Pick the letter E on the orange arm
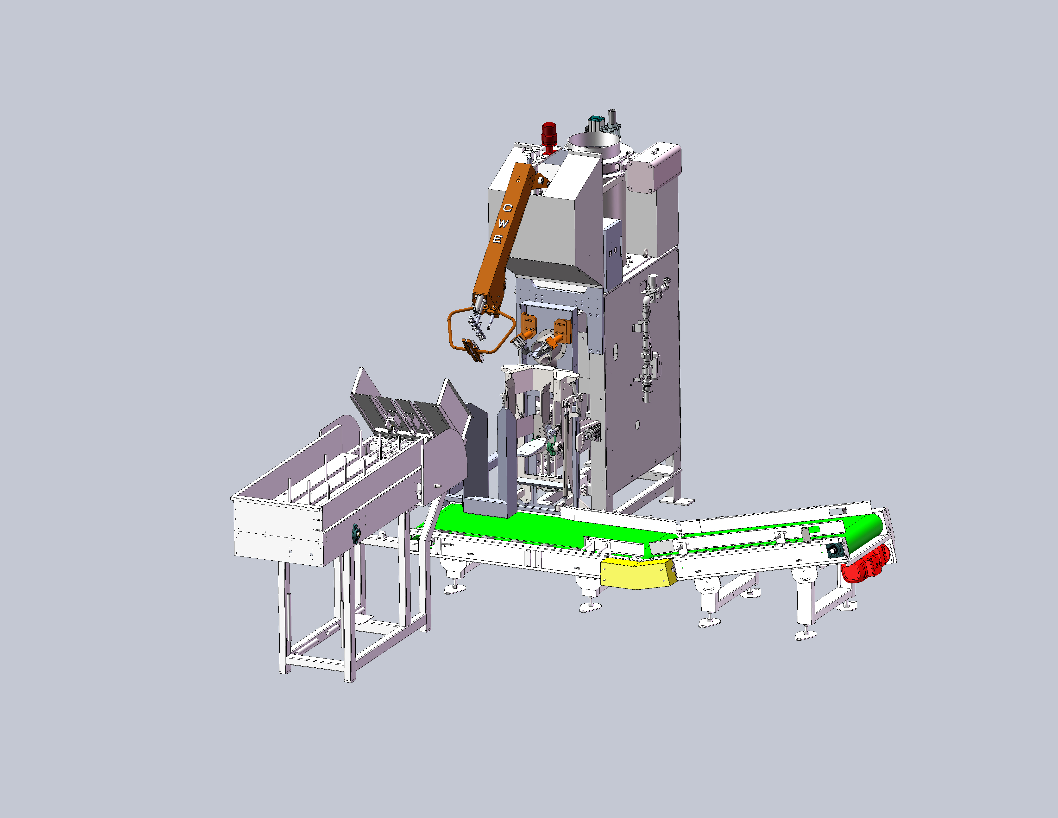[x=497, y=239]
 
